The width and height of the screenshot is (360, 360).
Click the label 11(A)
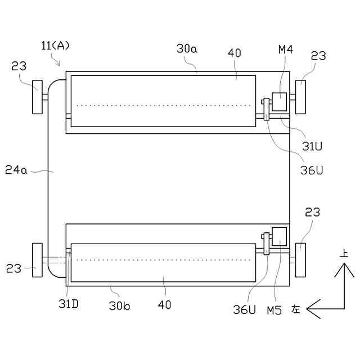click(x=56, y=46)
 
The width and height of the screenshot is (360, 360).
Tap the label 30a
click(x=187, y=49)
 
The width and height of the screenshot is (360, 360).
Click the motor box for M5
click(x=279, y=236)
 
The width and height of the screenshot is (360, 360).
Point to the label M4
click(x=286, y=50)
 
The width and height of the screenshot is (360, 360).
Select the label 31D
click(x=68, y=304)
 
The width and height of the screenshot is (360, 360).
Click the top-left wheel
click(x=38, y=97)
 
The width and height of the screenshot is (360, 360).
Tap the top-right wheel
click(x=301, y=97)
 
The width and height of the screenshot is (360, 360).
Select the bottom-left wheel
click(x=38, y=260)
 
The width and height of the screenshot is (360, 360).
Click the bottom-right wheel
click(x=301, y=260)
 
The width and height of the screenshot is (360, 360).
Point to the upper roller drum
click(x=163, y=101)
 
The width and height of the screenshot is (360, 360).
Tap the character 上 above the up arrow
click(x=344, y=254)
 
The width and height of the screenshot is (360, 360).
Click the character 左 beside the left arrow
click(x=296, y=309)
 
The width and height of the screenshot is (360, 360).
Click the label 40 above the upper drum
click(x=234, y=53)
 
